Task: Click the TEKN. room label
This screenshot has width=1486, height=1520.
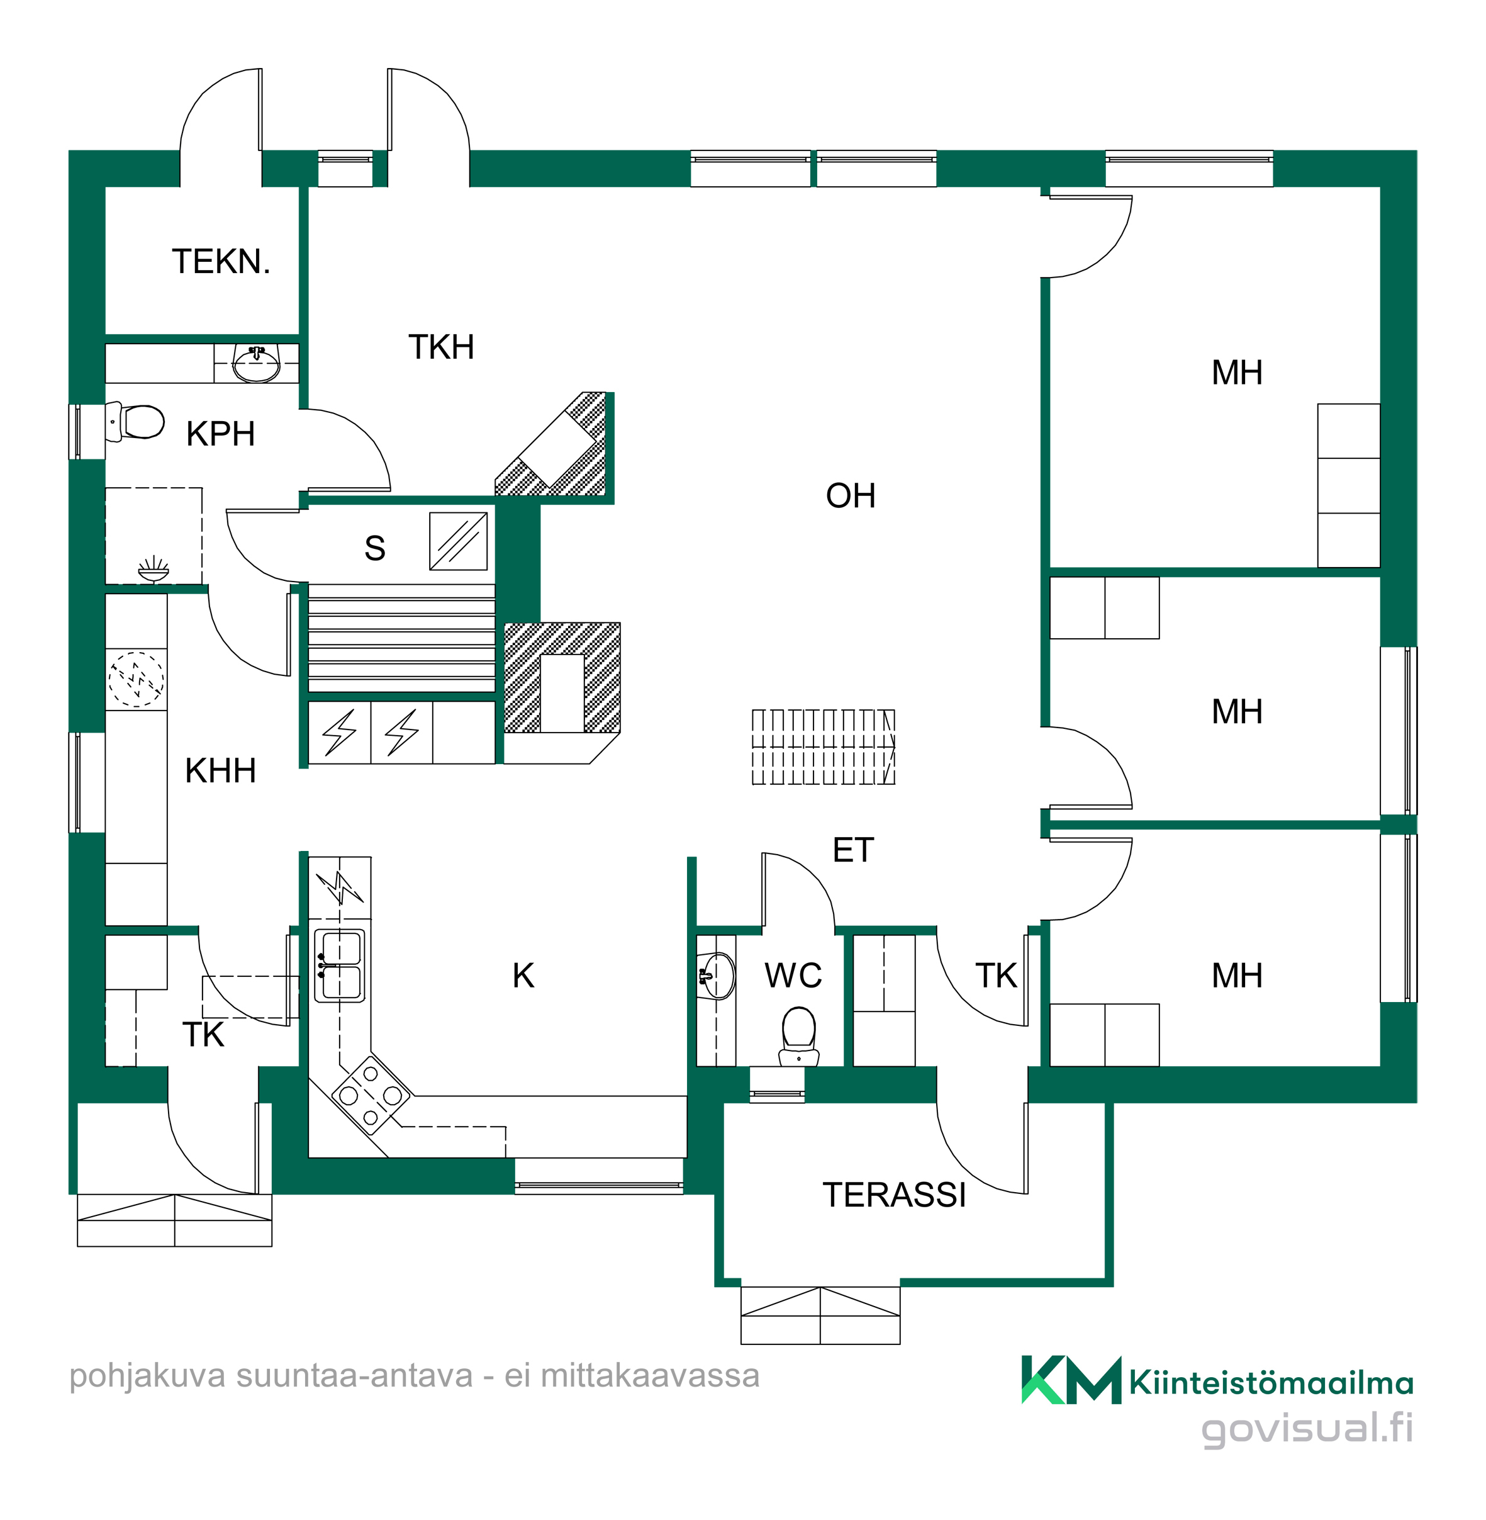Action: pyautogui.click(x=221, y=262)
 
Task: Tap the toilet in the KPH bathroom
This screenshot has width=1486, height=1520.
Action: pyautogui.click(x=135, y=422)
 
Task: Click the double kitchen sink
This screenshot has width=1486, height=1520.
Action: pyautogui.click(x=340, y=965)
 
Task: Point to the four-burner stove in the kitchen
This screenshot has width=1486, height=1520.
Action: pyautogui.click(x=371, y=1095)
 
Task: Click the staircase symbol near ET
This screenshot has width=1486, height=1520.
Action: pyautogui.click(x=824, y=746)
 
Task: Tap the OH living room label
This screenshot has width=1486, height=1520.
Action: pyautogui.click(x=851, y=496)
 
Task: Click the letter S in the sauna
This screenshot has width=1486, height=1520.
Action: pyautogui.click(x=374, y=548)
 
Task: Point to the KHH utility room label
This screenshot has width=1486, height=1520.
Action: pyautogui.click(x=220, y=770)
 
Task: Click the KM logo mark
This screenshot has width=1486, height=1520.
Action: pyautogui.click(x=1071, y=1380)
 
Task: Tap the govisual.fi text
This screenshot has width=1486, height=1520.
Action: pyautogui.click(x=1307, y=1429)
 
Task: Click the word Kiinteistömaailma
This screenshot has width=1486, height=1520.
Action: pyautogui.click(x=1271, y=1383)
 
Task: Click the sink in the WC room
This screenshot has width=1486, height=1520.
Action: pyautogui.click(x=717, y=975)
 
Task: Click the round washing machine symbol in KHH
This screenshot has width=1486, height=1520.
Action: pyautogui.click(x=137, y=679)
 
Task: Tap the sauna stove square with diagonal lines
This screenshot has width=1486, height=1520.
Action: pyautogui.click(x=458, y=541)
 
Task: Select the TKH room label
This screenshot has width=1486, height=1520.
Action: pyautogui.click(x=441, y=347)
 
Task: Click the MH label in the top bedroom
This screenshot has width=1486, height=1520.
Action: pyautogui.click(x=1237, y=373)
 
